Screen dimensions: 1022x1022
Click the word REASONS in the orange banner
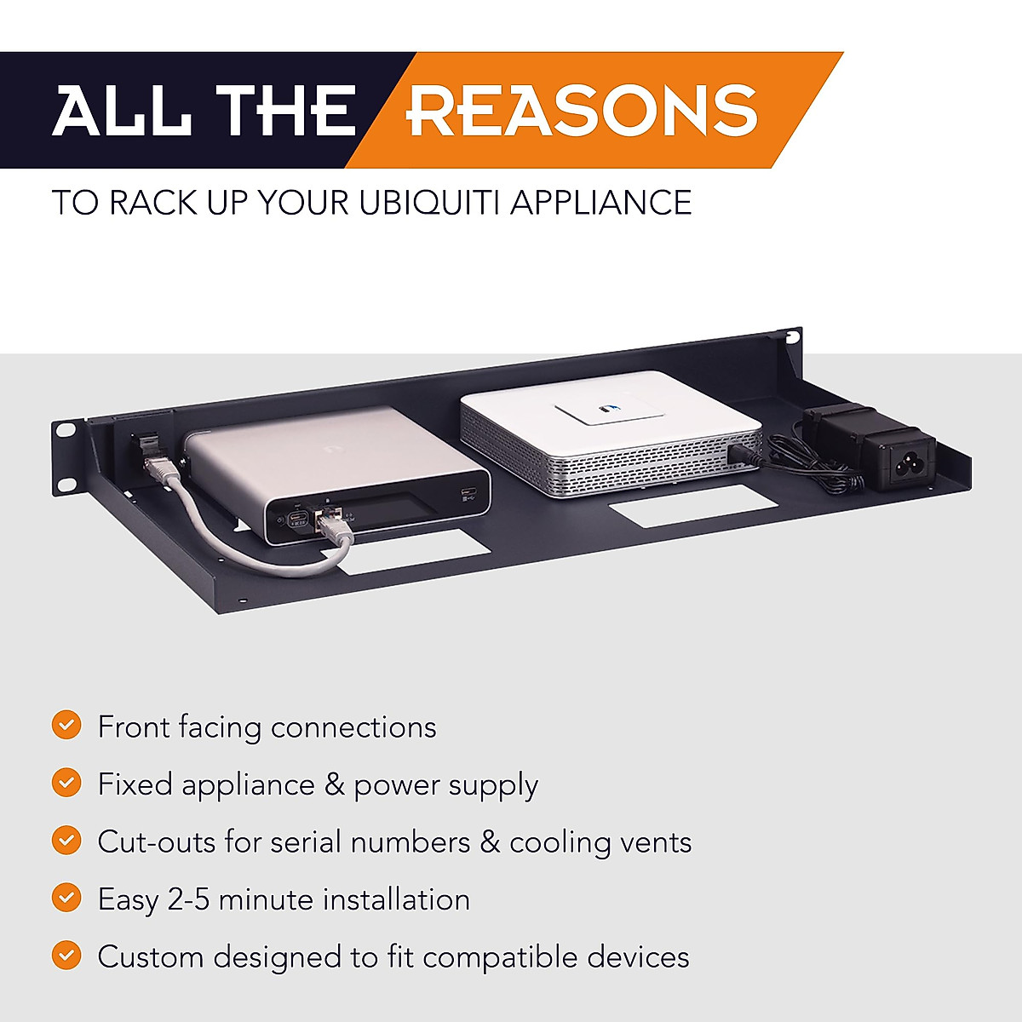(x=583, y=110)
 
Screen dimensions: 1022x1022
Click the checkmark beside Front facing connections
(x=66, y=726)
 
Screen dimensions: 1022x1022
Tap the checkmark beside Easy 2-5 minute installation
(x=66, y=898)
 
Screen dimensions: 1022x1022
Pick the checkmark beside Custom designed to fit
(x=66, y=955)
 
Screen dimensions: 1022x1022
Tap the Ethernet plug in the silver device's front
(x=331, y=522)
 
